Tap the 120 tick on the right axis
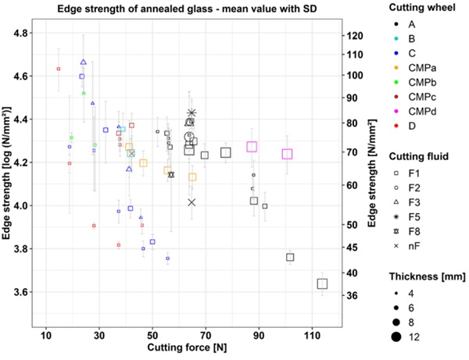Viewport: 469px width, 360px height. (356, 36)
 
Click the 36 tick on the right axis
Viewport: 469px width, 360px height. (353, 295)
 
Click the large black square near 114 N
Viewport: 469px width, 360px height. (322, 283)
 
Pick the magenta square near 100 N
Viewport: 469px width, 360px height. (287, 154)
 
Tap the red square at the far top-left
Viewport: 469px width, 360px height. (59, 69)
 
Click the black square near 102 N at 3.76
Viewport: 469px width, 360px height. (291, 257)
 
